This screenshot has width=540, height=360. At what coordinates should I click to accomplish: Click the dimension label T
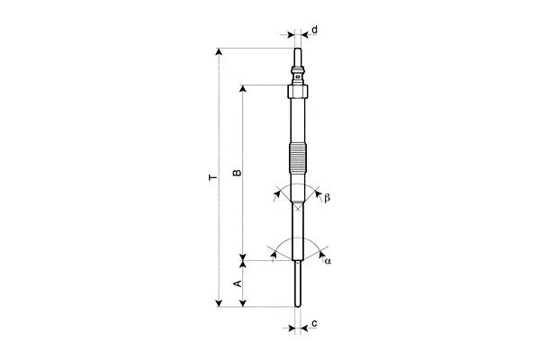pyautogui.click(x=213, y=177)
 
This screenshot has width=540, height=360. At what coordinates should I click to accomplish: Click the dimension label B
pyautogui.click(x=238, y=172)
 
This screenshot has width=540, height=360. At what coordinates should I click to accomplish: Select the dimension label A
pyautogui.click(x=238, y=283)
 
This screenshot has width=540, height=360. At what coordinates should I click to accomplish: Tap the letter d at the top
pyautogui.click(x=314, y=30)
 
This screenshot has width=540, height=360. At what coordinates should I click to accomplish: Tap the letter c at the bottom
pyautogui.click(x=314, y=323)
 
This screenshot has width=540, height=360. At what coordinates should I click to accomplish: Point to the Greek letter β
pyautogui.click(x=327, y=198)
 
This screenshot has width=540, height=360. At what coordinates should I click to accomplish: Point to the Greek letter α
pyautogui.click(x=328, y=261)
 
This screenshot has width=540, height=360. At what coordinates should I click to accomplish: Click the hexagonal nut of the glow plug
pyautogui.click(x=297, y=92)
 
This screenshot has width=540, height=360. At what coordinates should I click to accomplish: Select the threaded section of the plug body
pyautogui.click(x=297, y=157)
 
